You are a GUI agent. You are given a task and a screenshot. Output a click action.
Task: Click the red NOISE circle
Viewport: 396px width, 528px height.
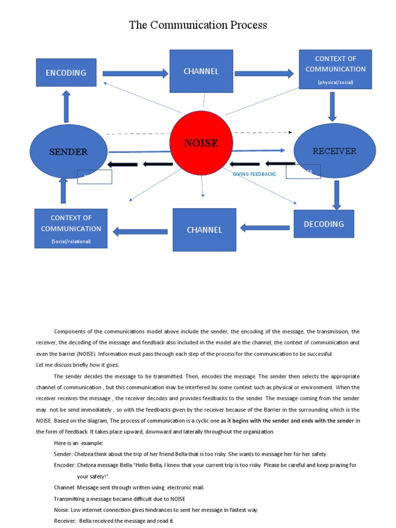click(201, 143)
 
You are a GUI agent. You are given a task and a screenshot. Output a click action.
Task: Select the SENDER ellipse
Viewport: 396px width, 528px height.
click(69, 152)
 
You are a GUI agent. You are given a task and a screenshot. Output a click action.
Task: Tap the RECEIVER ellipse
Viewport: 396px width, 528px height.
click(334, 151)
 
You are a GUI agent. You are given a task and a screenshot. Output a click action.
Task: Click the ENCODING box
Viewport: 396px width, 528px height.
click(66, 73)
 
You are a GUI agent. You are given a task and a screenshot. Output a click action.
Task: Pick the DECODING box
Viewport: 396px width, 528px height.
click(324, 224)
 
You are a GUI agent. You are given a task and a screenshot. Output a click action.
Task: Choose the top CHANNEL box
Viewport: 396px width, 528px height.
click(201, 71)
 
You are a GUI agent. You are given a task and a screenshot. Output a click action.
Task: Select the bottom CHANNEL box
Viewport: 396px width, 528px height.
click(204, 229)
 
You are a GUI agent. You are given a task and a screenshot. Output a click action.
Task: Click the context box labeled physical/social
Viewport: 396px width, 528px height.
click(335, 69)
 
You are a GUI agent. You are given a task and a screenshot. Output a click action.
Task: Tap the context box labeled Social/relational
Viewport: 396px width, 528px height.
click(71, 228)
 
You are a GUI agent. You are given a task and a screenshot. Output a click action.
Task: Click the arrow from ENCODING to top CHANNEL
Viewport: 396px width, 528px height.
click(136, 73)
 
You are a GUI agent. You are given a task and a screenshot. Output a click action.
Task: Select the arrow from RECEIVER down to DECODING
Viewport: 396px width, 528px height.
click(337, 195)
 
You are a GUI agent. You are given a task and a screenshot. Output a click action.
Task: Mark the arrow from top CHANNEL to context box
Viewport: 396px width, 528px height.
click(264, 73)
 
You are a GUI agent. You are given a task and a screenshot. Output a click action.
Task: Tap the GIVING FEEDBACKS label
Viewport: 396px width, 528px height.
click(254, 174)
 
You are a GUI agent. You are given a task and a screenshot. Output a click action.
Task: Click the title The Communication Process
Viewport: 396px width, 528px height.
click(198, 25)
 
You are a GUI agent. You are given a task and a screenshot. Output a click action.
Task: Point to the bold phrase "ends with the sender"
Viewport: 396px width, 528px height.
click(324, 421)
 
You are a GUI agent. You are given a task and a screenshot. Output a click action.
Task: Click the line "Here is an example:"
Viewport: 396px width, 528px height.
click(78, 443)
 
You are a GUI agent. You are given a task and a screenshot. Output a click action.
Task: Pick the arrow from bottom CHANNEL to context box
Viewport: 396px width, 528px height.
click(140, 232)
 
